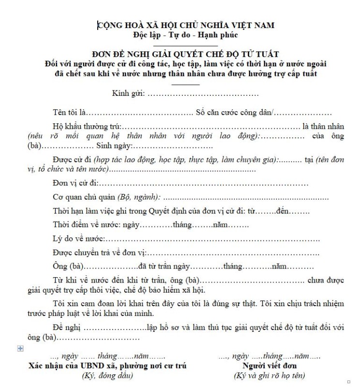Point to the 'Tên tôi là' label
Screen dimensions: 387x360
pos(70,113)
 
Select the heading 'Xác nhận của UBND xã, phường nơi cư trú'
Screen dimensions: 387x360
pos(107,365)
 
